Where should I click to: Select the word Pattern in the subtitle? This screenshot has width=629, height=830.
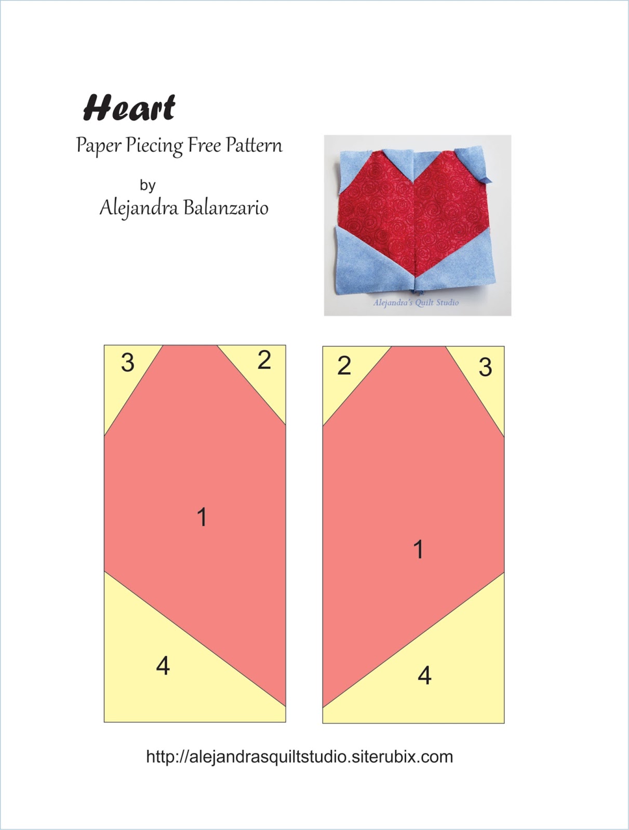pos(254,145)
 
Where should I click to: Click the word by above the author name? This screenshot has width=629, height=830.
pos(148,185)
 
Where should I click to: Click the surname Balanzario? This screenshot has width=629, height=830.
pos(226,208)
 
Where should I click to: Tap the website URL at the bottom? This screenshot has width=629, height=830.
pos(299,756)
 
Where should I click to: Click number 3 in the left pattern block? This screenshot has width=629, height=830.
pos(128,362)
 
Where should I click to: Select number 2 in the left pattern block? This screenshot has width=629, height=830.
pos(264,360)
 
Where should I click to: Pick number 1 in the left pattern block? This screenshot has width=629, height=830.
pos(202,517)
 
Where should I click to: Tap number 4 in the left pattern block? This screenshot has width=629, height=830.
pos(163,665)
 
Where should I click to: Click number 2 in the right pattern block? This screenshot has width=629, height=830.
pos(344,366)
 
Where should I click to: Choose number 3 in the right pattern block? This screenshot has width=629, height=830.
pos(485,367)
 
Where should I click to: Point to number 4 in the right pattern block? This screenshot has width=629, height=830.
pos(424,675)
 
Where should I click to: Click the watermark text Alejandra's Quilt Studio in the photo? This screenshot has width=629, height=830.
pos(416,302)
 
